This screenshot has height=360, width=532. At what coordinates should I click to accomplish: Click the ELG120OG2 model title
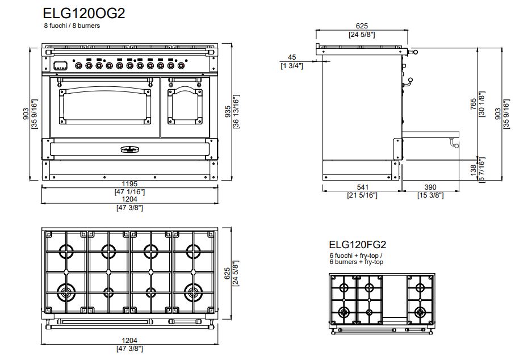(84, 13)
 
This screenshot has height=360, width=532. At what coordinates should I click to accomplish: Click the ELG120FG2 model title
(357, 245)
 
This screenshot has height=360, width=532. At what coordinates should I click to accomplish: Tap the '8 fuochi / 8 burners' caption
(72, 26)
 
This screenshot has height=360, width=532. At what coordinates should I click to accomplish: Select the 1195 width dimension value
(129, 184)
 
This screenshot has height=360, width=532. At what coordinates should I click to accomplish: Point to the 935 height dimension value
(228, 111)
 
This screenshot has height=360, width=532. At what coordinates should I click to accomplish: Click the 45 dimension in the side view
(292, 57)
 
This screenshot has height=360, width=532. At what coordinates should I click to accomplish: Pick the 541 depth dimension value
(362, 187)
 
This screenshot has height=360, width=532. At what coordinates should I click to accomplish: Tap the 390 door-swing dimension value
(430, 187)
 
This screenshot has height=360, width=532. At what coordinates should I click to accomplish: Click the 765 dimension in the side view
(474, 104)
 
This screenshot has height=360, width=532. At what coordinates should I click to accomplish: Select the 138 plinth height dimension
(474, 170)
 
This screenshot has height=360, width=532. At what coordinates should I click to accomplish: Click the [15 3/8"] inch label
(430, 195)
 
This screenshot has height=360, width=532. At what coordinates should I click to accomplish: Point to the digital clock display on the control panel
(60, 65)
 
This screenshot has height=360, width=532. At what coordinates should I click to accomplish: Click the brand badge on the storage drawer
(129, 149)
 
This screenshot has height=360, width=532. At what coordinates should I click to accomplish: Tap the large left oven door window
(105, 106)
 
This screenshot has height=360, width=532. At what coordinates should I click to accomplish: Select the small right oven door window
(185, 106)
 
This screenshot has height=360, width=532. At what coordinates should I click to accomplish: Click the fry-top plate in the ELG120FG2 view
(395, 297)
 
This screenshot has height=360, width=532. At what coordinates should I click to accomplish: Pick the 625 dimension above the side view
(362, 26)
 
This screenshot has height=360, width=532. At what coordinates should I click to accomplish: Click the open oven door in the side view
(430, 135)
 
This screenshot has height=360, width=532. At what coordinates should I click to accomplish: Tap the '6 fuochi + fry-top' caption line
(356, 256)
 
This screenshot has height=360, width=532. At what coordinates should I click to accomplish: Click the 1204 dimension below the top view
(129, 340)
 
